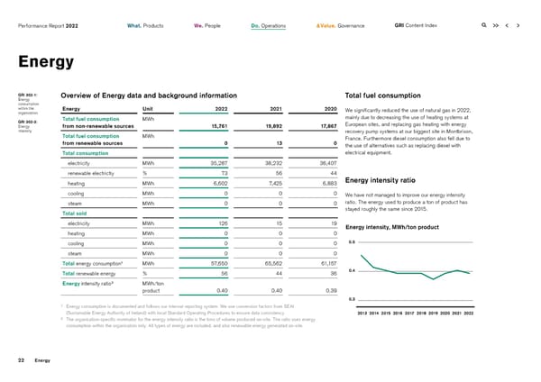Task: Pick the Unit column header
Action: [x=150, y=110]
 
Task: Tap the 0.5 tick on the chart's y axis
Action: [x=351, y=241]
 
